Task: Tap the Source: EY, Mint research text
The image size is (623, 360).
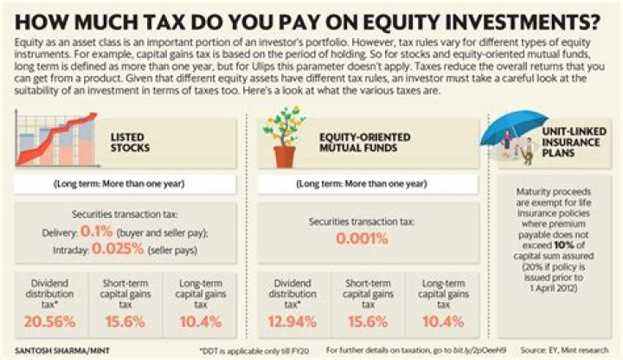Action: tap(572, 350)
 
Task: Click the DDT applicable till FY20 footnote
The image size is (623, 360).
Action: tap(247, 350)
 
